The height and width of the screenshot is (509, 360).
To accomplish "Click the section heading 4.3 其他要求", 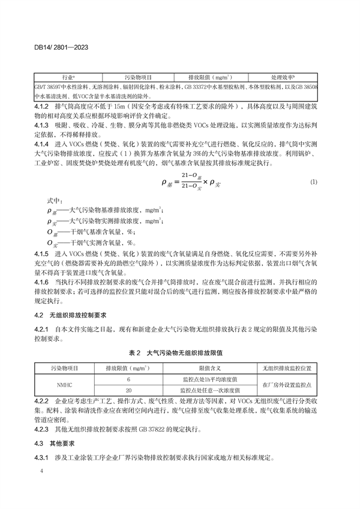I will point(56,443).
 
